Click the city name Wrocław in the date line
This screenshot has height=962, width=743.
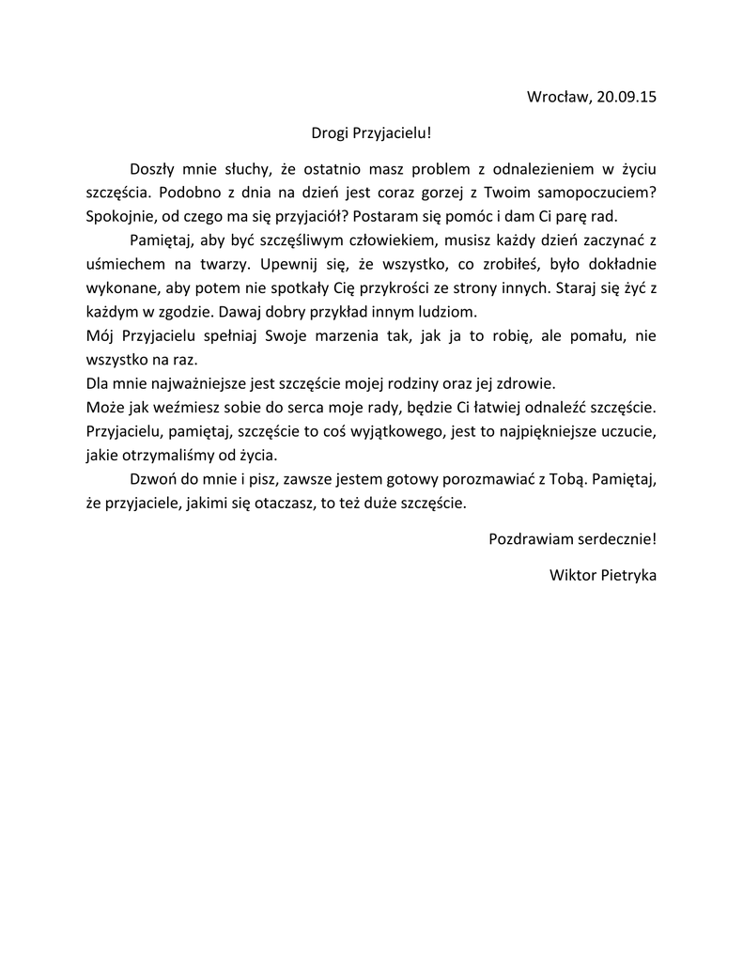pyautogui.click(x=557, y=96)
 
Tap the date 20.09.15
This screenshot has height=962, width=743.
pyautogui.click(x=625, y=96)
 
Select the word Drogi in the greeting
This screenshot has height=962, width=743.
pyautogui.click(x=331, y=134)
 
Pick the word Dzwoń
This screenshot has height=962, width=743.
pyautogui.click(x=152, y=479)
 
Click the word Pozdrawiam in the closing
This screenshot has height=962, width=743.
pyautogui.click(x=530, y=539)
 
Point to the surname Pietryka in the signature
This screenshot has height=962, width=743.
pyautogui.click(x=627, y=575)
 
